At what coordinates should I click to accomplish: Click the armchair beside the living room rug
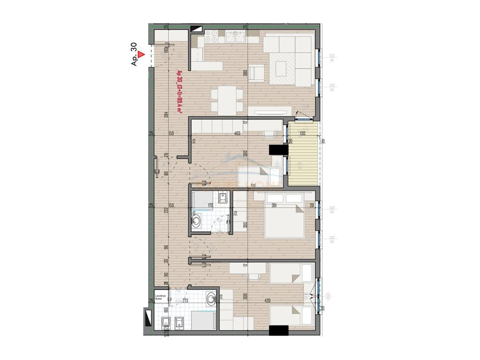(x=255, y=72)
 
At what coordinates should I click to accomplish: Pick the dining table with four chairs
(x=227, y=100)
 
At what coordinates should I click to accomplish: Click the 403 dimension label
(x=237, y=134)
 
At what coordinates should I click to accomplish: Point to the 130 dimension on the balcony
(x=302, y=134)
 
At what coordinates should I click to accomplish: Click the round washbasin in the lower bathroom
(x=212, y=297)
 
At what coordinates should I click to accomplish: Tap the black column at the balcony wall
(x=278, y=150)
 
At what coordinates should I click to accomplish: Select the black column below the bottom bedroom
(x=278, y=330)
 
